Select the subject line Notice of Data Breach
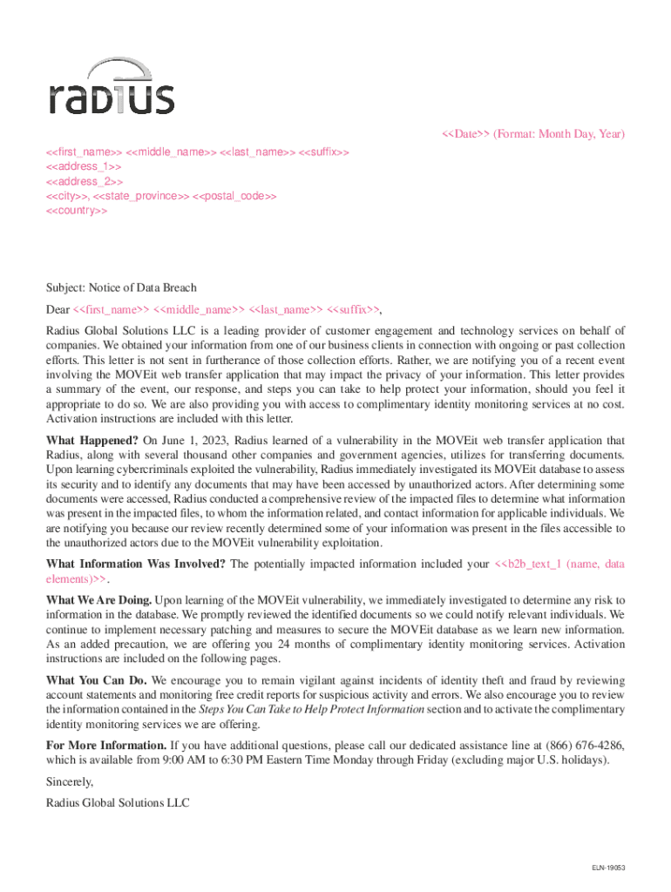(x=121, y=287)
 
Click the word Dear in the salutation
(x=58, y=309)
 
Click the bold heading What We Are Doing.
(x=98, y=600)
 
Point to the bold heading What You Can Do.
(x=97, y=679)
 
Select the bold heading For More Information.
(x=106, y=745)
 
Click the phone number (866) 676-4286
(x=584, y=745)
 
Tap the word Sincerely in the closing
(x=70, y=782)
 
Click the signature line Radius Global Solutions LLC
(x=118, y=803)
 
